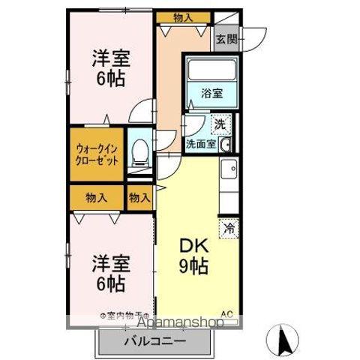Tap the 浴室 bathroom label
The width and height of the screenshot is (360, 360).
click(x=212, y=94)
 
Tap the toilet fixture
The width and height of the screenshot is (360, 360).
click(x=139, y=152)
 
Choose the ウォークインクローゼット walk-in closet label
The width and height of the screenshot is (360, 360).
click(x=96, y=154)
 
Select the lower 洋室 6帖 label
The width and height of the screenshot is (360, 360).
click(x=109, y=274)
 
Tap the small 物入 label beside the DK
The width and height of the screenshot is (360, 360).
click(x=139, y=198)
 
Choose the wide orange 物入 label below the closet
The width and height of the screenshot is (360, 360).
click(x=96, y=198)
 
